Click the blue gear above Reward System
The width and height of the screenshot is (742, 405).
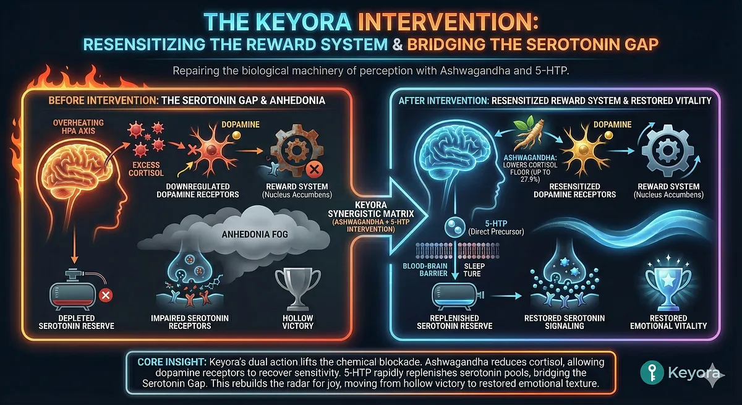(x=662, y=150)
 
